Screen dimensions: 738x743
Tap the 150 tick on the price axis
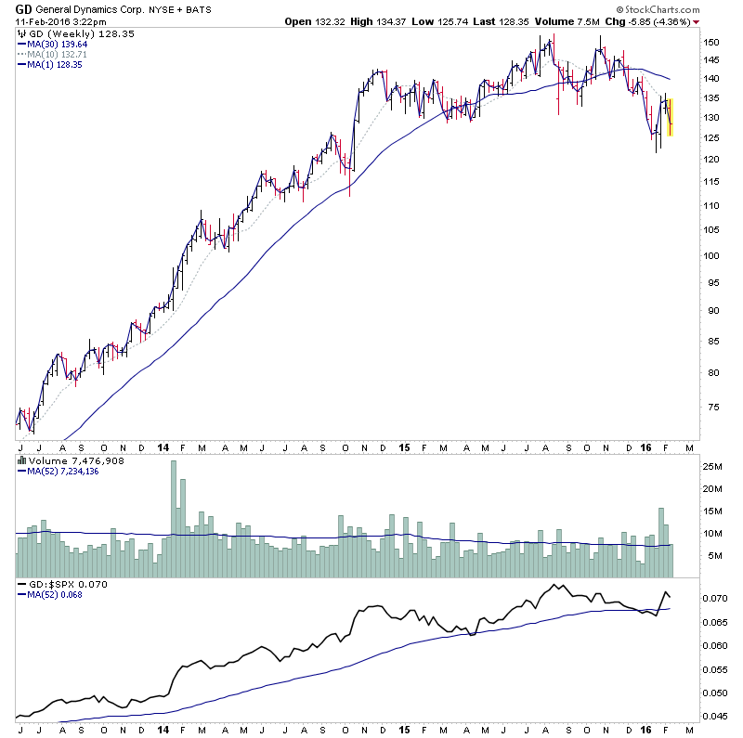[710, 43]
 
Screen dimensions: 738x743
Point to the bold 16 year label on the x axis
[647, 447]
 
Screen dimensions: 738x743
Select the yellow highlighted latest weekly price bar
[670, 118]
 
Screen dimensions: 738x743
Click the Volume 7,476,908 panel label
[62, 460]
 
